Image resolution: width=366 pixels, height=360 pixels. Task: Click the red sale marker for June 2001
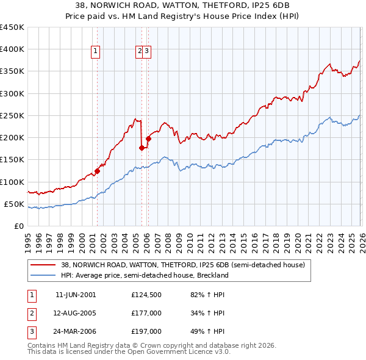click(x=97, y=171)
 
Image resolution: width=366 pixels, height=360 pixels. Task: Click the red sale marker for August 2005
click(x=142, y=148)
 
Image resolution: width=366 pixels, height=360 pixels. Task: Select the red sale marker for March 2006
click(x=148, y=139)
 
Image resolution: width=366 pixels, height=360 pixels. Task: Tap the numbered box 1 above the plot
click(x=96, y=52)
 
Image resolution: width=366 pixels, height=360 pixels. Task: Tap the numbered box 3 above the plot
click(x=148, y=52)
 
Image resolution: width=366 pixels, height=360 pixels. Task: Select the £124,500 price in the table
click(x=146, y=295)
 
